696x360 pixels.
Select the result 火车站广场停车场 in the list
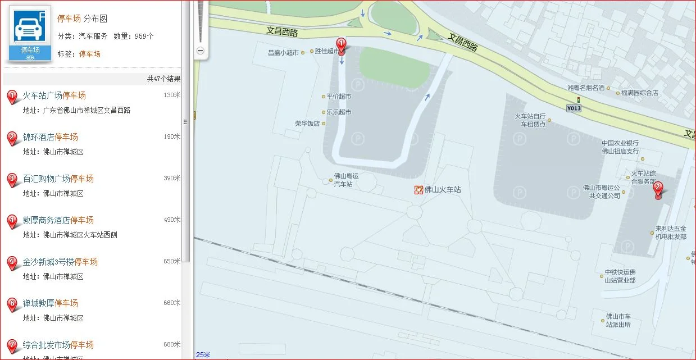[x=54, y=95]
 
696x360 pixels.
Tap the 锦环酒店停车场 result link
[x=50, y=137]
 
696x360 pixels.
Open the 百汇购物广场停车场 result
[x=58, y=179]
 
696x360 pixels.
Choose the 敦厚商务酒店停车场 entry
[x=58, y=220]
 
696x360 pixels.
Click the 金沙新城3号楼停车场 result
[x=60, y=262]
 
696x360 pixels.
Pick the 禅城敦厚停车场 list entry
[x=50, y=303]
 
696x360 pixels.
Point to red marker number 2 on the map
[x=658, y=190]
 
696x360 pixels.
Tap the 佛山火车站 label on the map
[x=442, y=190]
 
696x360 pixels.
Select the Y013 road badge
[x=574, y=108]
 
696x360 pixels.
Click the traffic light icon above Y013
[x=578, y=99]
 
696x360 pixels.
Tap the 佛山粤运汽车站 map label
[x=345, y=180]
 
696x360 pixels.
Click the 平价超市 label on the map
[x=339, y=97]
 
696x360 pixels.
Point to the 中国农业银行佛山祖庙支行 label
[x=620, y=147]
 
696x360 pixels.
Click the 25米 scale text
[x=203, y=354]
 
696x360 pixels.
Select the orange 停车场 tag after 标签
[x=89, y=54]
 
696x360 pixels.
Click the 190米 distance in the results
[x=172, y=136]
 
